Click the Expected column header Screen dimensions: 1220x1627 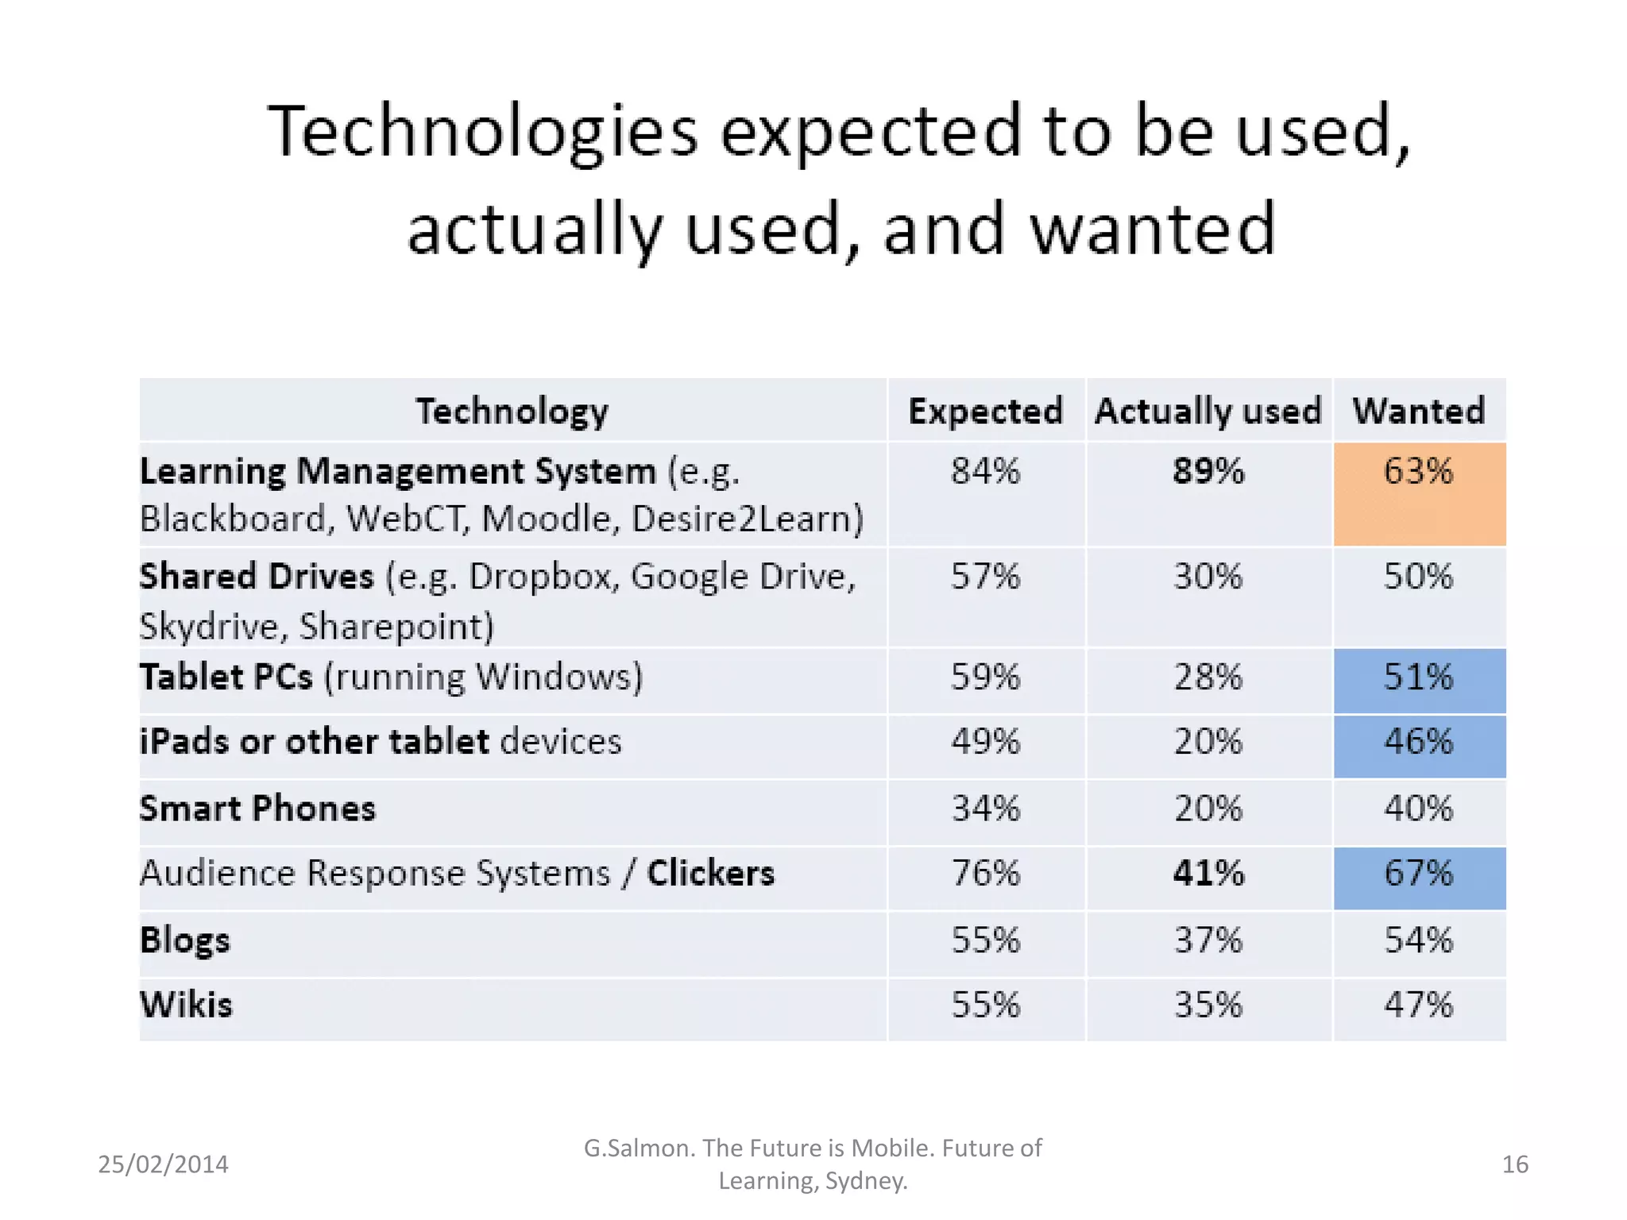pos(985,411)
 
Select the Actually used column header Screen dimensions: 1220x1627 pos(1208,411)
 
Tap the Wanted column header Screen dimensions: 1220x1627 pos(1419,411)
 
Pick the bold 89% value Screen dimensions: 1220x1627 pos(1208,471)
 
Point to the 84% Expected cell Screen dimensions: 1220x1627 pos(985,471)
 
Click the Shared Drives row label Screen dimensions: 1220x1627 pos(257,577)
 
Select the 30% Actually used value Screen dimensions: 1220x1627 pos(1208,577)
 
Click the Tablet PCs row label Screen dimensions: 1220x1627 pos(226,678)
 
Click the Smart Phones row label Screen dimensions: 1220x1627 pos(257,809)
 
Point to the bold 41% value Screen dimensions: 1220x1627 pos(1208,874)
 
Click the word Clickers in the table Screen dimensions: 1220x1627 pos(710,873)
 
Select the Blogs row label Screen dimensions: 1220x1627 pos(185,940)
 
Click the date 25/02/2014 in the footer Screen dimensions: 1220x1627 pos(163,1164)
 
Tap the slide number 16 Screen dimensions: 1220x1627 pos(1515,1164)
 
